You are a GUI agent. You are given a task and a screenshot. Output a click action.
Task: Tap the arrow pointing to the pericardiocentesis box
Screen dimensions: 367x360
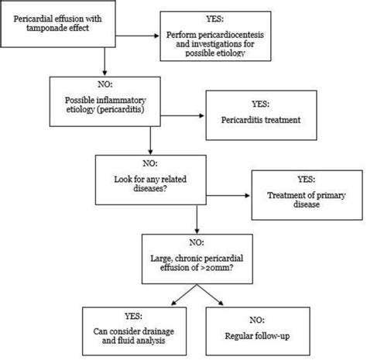(x=137, y=36)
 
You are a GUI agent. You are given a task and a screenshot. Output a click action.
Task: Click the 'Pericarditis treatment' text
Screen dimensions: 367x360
(x=261, y=120)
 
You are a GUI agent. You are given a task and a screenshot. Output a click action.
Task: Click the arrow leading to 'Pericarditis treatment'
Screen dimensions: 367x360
(x=183, y=115)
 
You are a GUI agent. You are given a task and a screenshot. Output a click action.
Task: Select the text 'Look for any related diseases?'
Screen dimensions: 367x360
(x=150, y=183)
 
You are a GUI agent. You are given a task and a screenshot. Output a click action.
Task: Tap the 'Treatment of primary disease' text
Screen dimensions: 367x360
(x=307, y=200)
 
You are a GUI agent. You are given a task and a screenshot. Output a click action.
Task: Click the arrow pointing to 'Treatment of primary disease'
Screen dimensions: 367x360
(x=228, y=196)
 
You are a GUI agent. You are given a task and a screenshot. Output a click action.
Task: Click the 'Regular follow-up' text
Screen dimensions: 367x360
(x=257, y=336)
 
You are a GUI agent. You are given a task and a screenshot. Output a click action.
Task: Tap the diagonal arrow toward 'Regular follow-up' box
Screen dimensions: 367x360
(x=211, y=295)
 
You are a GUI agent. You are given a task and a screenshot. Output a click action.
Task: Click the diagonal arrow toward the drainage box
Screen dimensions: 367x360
(x=184, y=295)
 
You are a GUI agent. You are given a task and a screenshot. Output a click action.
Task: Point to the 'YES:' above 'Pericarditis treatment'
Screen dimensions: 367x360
(x=261, y=104)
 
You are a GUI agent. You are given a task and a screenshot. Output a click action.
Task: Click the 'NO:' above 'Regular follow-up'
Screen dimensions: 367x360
(x=257, y=320)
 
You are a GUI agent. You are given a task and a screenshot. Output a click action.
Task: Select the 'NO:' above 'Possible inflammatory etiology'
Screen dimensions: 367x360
(x=105, y=84)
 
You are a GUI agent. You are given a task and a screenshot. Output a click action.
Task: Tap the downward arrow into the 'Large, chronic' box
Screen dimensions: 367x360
(x=197, y=219)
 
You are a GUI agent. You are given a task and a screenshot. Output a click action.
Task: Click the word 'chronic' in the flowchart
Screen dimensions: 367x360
(x=183, y=259)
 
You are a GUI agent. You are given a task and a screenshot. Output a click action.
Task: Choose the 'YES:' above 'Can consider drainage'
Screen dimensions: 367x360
(x=133, y=316)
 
